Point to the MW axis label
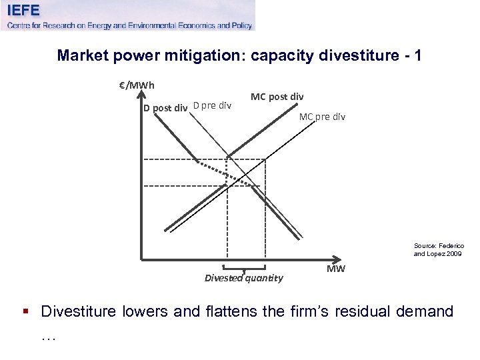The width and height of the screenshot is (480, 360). [336, 269]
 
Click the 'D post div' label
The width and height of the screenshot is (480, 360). [165, 108]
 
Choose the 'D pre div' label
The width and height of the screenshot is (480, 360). [212, 105]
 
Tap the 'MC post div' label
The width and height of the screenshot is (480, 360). [277, 97]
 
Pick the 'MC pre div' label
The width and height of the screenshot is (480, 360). [322, 117]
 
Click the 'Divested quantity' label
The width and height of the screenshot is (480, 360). [243, 278]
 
